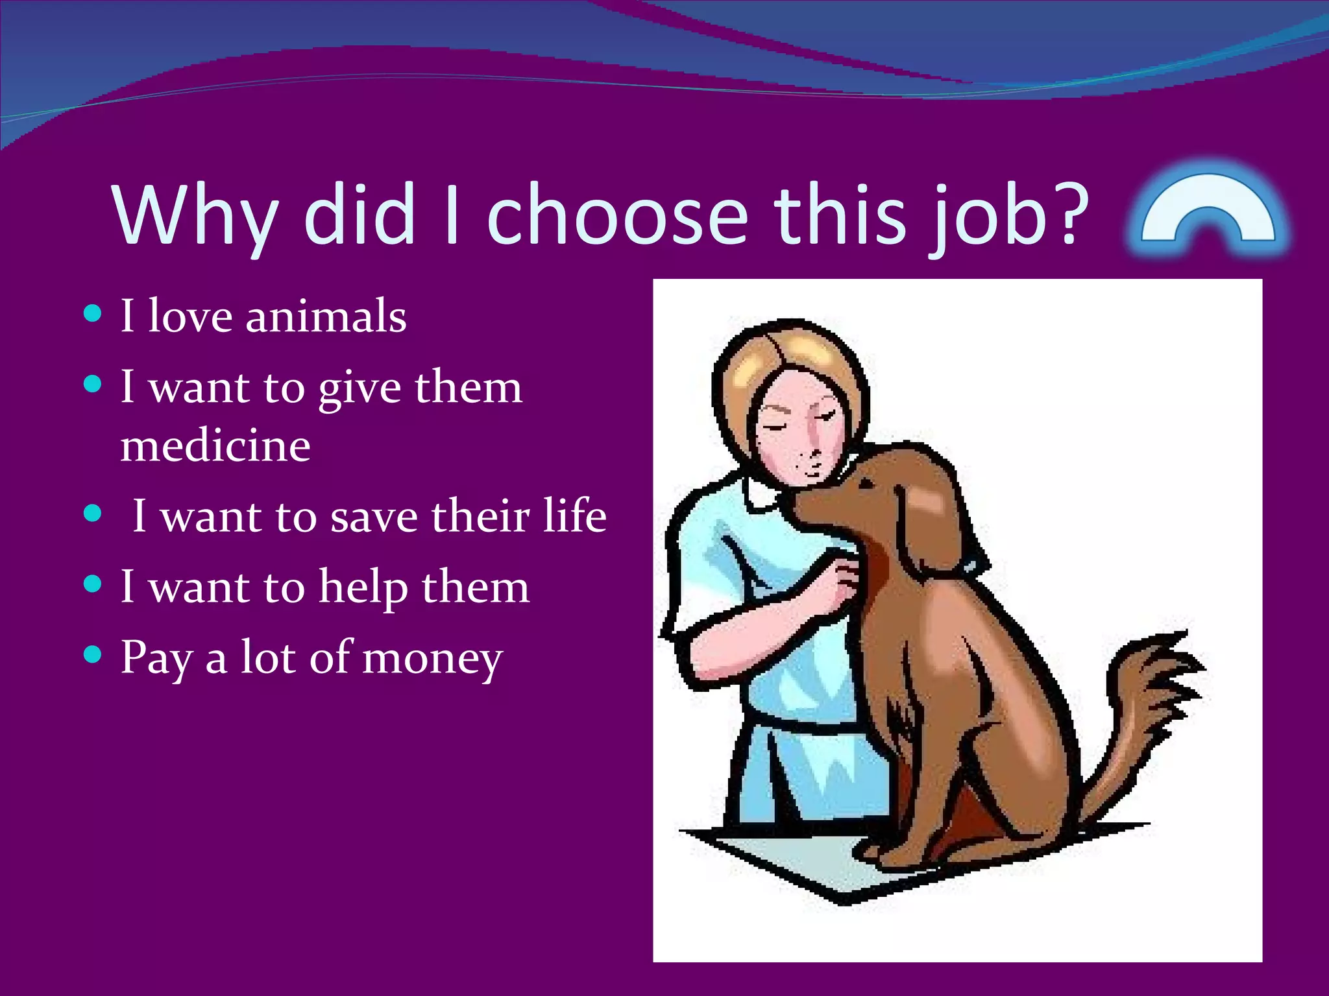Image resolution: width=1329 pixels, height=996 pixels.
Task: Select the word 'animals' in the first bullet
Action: [326, 316]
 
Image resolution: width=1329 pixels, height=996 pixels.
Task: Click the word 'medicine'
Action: [215, 446]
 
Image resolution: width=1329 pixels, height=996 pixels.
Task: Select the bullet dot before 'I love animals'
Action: [93, 314]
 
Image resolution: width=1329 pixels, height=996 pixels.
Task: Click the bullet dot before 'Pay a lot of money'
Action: [93, 655]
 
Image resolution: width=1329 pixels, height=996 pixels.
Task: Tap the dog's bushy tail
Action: [1149, 700]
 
